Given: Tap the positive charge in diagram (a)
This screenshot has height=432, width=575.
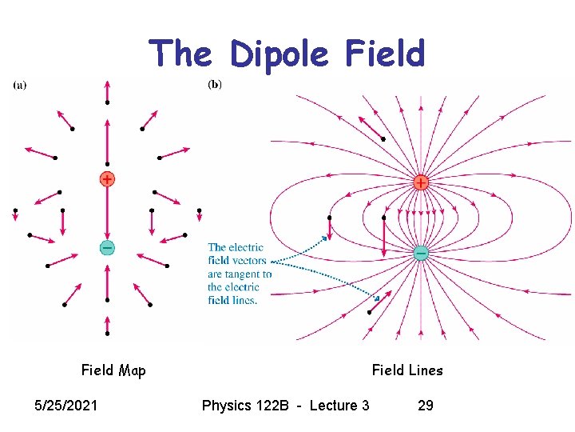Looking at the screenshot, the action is click(x=107, y=179).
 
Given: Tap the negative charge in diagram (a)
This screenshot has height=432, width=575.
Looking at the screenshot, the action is click(x=107, y=247).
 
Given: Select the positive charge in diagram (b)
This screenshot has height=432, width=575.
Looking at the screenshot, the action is click(x=420, y=182).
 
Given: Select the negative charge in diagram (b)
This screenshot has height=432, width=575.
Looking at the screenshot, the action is click(x=421, y=253).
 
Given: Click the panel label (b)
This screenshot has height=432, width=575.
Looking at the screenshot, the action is click(x=214, y=84).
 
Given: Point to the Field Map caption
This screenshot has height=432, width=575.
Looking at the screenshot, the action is click(x=113, y=370).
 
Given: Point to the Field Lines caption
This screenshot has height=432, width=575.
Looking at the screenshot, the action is click(x=406, y=370).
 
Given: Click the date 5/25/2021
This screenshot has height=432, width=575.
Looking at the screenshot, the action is click(x=65, y=406).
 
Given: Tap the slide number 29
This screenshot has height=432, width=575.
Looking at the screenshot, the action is click(x=426, y=406).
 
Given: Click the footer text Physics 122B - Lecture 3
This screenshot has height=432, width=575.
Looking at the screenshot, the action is click(x=285, y=406).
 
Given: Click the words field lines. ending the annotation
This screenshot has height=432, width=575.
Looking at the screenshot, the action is click(x=232, y=300).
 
